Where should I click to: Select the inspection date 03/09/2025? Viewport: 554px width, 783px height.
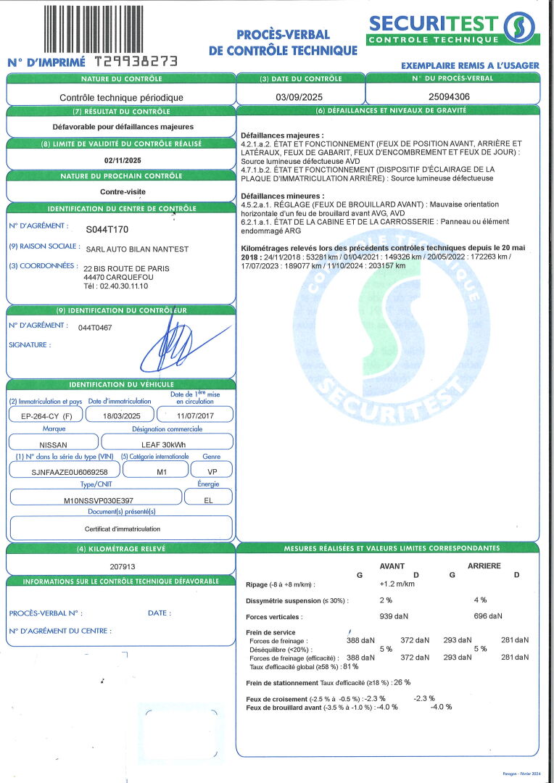300,96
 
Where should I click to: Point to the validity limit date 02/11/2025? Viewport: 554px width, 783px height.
122,160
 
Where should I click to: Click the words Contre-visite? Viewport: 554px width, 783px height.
122,192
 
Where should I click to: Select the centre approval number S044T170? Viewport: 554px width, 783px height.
107,229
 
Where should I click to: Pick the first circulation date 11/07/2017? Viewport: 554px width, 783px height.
195,415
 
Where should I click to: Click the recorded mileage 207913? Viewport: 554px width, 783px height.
122,567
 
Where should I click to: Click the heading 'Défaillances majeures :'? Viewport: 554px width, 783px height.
282,136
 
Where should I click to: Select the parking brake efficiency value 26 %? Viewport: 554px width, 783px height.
402,682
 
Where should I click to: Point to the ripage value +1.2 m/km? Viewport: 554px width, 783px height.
397,584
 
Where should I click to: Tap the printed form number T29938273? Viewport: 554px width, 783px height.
136,62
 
